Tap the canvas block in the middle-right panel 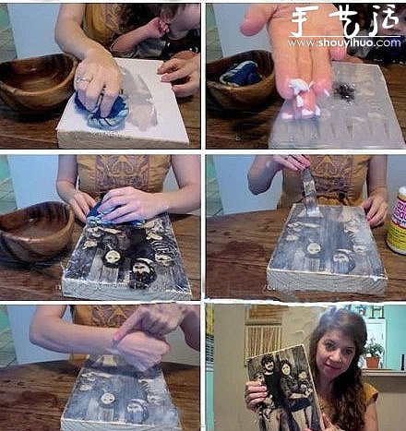(328, 254)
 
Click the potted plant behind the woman (374, 351)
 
